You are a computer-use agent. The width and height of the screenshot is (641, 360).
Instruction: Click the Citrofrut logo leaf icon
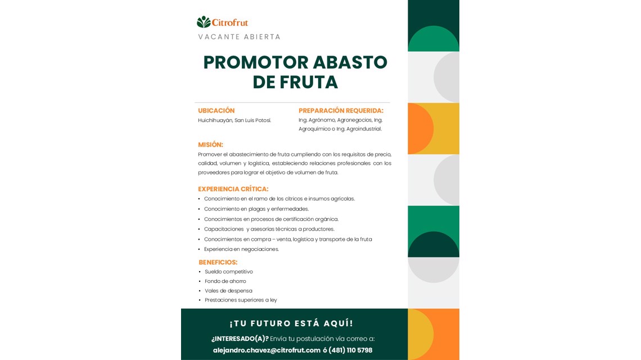pyautogui.click(x=203, y=22)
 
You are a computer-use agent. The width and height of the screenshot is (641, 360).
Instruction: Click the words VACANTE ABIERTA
pyautogui.click(x=239, y=37)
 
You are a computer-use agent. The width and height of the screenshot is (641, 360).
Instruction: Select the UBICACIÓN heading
pyautogui.click(x=216, y=111)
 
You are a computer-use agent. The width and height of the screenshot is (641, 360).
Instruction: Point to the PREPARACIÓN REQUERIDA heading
pyautogui.click(x=341, y=111)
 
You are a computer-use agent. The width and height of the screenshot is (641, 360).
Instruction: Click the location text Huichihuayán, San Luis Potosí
pyautogui.click(x=234, y=120)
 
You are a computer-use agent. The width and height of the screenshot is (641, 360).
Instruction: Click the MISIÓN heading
pyautogui.click(x=210, y=145)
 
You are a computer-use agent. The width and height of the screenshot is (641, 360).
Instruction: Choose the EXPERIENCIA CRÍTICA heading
pyautogui.click(x=233, y=189)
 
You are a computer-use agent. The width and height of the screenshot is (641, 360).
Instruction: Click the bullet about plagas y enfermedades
pyautogui.click(x=256, y=209)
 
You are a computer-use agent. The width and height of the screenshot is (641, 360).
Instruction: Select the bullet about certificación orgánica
pyautogui.click(x=271, y=219)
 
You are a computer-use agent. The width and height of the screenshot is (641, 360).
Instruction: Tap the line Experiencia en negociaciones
pyautogui.click(x=241, y=249)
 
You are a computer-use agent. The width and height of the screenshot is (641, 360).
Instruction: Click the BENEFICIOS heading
pyautogui.click(x=218, y=262)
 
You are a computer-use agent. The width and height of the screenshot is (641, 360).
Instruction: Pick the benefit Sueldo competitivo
pyautogui.click(x=229, y=272)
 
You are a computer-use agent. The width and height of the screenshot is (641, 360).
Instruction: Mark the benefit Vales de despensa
pyautogui.click(x=228, y=291)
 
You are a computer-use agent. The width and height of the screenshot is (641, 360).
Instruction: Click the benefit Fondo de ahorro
pyautogui.click(x=225, y=281)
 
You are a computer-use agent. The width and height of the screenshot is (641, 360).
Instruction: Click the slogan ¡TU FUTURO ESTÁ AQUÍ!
pyautogui.click(x=291, y=323)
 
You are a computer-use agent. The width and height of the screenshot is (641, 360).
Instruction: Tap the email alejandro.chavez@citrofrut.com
pyautogui.click(x=267, y=350)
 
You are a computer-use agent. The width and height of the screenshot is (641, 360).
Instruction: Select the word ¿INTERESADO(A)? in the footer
pyautogui.click(x=240, y=339)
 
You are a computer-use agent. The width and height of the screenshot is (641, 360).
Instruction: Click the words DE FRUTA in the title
pyautogui.click(x=295, y=83)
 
